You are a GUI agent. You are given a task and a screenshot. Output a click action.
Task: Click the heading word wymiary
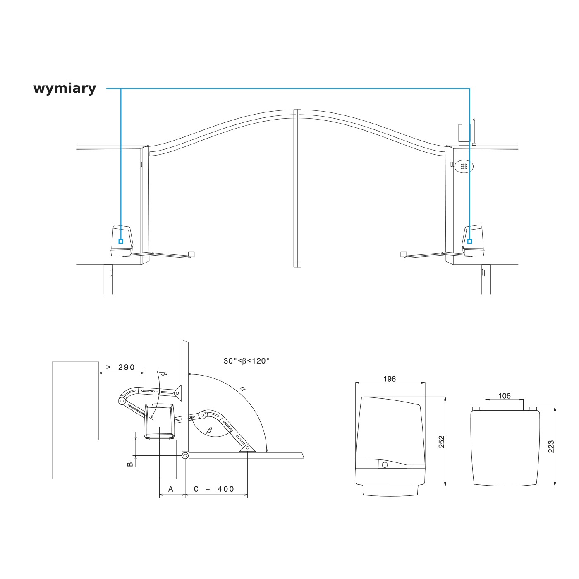(x=65, y=89)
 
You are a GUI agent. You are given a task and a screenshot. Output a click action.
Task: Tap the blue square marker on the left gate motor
(x=121, y=241)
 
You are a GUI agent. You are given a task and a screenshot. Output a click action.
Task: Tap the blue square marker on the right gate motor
(x=470, y=241)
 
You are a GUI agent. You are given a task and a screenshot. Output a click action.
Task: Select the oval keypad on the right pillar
(x=464, y=166)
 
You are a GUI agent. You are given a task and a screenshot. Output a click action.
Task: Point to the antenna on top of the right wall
(x=474, y=132)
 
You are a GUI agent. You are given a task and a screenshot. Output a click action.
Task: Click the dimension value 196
(x=390, y=379)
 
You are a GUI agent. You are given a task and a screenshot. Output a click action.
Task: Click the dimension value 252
(x=441, y=442)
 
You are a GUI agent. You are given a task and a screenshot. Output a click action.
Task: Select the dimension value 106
(x=504, y=396)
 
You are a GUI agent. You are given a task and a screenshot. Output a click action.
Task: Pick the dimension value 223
(x=551, y=447)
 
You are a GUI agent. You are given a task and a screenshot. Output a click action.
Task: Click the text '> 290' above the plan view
(x=121, y=367)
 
